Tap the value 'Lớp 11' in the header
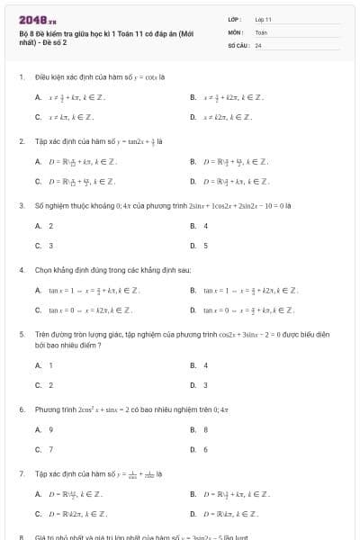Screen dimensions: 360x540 coord(263,19)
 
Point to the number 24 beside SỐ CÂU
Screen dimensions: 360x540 coord(258,44)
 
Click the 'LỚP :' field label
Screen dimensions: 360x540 coord(235,19)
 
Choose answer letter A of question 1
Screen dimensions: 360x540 coord(38,97)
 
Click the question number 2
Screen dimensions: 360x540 coord(21,141)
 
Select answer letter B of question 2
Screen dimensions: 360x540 coord(193,161)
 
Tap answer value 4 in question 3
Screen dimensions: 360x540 coord(205,225)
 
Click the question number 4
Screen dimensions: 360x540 coord(21,269)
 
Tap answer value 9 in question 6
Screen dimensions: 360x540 coord(50,429)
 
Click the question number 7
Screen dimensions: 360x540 coord(21,473)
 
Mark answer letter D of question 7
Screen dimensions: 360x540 coord(193,513)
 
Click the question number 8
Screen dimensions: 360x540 coord(21,536)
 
